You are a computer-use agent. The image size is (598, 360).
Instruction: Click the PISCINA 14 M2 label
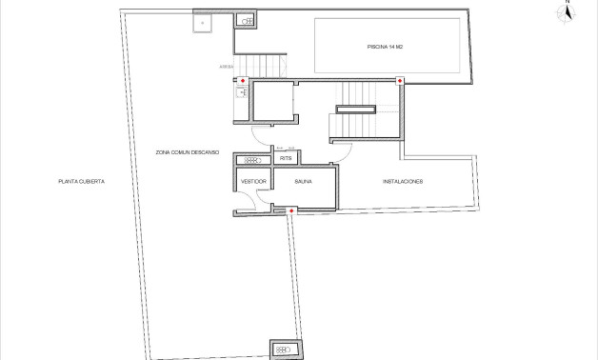(387, 46)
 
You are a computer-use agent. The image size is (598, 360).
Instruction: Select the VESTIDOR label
(253, 181)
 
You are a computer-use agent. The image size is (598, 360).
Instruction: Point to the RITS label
(285, 159)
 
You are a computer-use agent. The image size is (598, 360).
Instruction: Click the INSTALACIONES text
(403, 181)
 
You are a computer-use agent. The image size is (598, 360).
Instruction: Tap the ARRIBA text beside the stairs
(226, 67)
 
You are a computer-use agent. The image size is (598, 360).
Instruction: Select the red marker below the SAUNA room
(290, 210)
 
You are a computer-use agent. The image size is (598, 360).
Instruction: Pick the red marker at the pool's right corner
(400, 81)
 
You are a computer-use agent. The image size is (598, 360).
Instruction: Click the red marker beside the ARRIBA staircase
(242, 81)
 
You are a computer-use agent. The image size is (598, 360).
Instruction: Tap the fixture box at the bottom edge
(283, 350)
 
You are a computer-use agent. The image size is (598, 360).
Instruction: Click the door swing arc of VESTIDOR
(249, 198)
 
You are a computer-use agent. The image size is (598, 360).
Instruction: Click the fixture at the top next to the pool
(247, 19)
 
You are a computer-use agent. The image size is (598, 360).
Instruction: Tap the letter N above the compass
(568, 3)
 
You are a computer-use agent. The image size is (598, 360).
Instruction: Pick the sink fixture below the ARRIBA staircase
(242, 93)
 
